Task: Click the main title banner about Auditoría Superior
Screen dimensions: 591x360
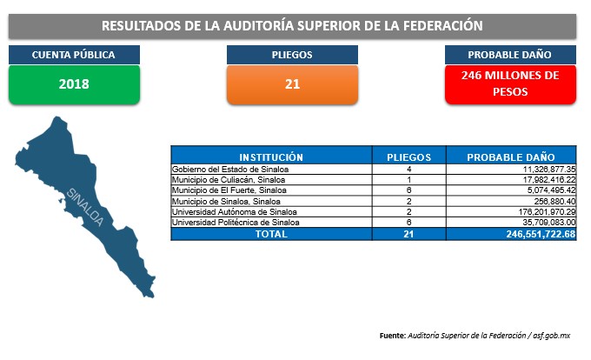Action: [292, 26]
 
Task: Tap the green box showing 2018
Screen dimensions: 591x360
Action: [74, 84]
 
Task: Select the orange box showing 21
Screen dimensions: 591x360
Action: [293, 84]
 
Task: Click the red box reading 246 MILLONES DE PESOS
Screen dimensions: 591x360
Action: [510, 84]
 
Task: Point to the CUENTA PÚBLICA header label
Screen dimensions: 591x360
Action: [74, 55]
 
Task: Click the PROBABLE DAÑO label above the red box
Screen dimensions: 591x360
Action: [510, 55]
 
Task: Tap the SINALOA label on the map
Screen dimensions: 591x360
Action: [85, 207]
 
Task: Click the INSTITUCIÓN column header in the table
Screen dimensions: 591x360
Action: [271, 157]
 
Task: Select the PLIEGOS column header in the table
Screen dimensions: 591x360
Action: [409, 157]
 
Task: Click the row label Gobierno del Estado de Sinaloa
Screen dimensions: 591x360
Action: [230, 170]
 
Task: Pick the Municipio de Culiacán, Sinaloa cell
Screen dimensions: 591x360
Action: [229, 180]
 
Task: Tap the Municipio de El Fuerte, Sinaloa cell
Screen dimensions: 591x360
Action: [229, 190]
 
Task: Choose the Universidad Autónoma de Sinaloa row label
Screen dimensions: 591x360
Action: [235, 212]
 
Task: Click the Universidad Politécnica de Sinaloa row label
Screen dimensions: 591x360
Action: [236, 223]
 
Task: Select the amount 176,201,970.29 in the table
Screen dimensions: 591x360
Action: [547, 212]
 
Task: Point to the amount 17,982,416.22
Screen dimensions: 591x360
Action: [549, 180]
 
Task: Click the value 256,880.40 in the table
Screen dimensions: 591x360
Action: [554, 201]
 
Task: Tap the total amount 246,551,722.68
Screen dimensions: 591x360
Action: [541, 234]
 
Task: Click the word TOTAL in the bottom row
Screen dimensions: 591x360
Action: [271, 234]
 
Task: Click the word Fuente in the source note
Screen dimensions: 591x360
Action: [392, 336]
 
